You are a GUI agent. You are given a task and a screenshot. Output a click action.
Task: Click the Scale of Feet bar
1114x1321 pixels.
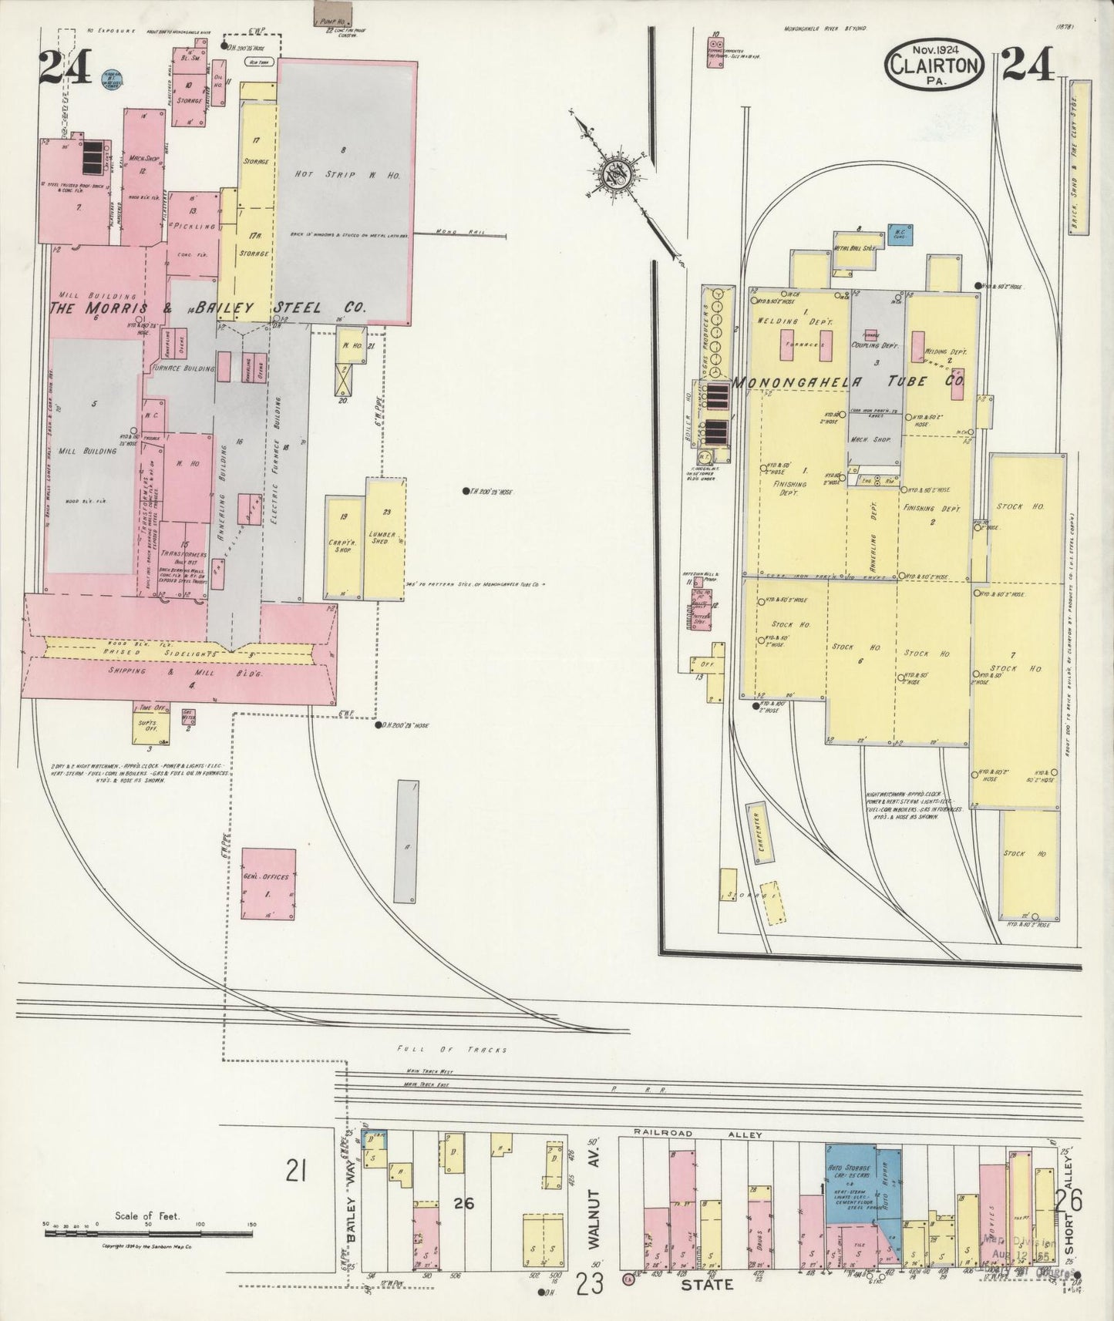[x=147, y=1255]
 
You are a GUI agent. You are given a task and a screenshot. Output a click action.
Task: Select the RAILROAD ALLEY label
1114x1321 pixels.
[x=697, y=1134]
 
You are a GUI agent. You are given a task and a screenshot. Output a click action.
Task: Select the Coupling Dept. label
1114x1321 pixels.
[x=876, y=346]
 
